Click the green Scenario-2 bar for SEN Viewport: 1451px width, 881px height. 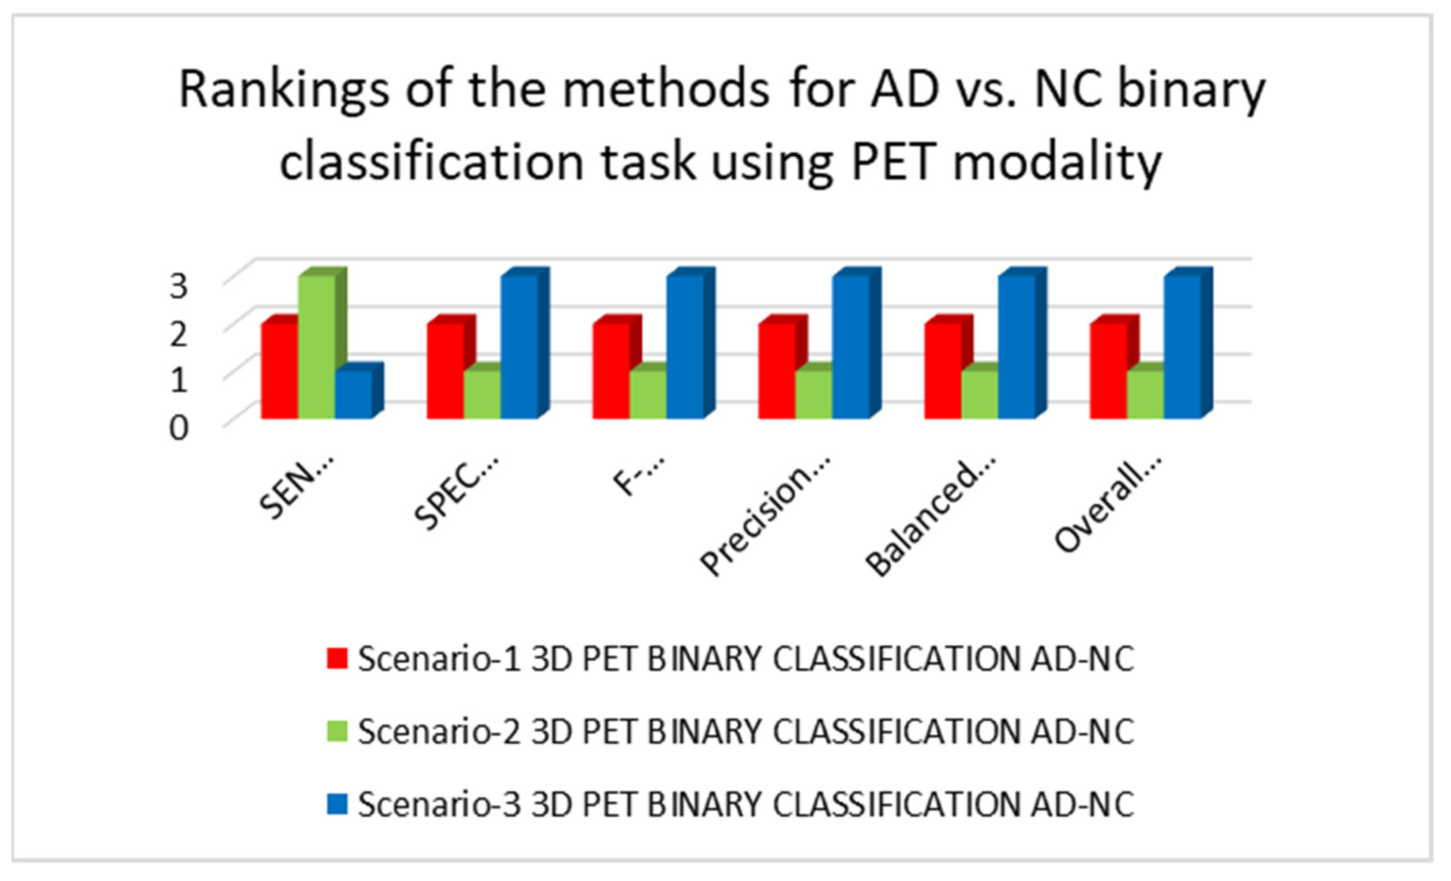tap(317, 347)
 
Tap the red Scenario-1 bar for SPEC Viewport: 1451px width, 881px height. tap(445, 371)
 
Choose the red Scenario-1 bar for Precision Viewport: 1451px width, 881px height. tap(777, 371)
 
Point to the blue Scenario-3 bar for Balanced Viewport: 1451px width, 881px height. tap(1016, 347)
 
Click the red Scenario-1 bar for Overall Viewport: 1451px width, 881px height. tap(1108, 371)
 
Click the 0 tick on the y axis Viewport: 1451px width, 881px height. tap(179, 428)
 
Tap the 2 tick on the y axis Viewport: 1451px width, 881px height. tap(179, 334)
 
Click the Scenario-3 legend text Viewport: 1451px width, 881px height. tap(745, 805)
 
